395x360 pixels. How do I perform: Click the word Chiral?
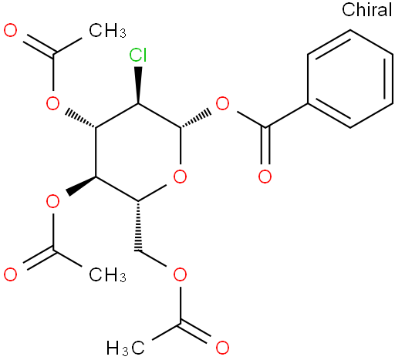pos(367,9)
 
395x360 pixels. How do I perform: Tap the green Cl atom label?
pos(138,55)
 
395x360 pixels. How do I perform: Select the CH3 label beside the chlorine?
pos(107,31)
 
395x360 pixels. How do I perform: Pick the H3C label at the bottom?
pos(126,348)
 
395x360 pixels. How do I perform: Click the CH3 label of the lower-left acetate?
pos(107,274)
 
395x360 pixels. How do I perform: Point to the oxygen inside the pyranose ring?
pos(180,177)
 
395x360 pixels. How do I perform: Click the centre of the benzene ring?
pos(350,79)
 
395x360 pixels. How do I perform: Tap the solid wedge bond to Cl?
pos(138,85)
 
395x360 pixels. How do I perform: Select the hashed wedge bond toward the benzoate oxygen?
pos(196,119)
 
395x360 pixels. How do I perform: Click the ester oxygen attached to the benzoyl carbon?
pos(222,103)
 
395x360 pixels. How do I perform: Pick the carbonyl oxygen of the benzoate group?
pos(265,177)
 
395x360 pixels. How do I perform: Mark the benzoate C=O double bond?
pos(265,146)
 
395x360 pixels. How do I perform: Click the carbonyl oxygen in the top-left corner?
pos(11,30)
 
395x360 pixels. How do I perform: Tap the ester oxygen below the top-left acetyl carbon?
pos(52,103)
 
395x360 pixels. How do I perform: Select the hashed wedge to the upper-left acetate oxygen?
pos(80,119)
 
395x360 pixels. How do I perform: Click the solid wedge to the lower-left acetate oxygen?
pos(80,186)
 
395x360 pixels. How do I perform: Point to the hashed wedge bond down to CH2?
pos(138,225)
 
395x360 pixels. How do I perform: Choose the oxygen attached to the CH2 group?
pos(180,274)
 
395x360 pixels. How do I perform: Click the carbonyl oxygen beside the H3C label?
pos(222,348)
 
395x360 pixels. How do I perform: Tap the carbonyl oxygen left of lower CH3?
pos(11,274)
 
